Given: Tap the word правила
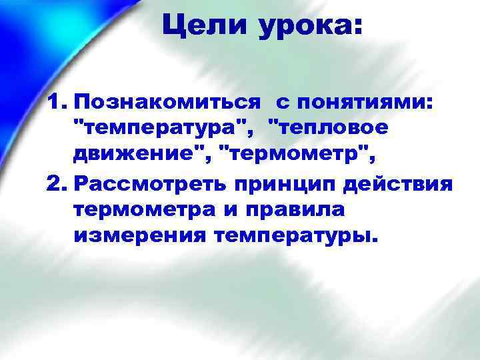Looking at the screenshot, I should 294,209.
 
